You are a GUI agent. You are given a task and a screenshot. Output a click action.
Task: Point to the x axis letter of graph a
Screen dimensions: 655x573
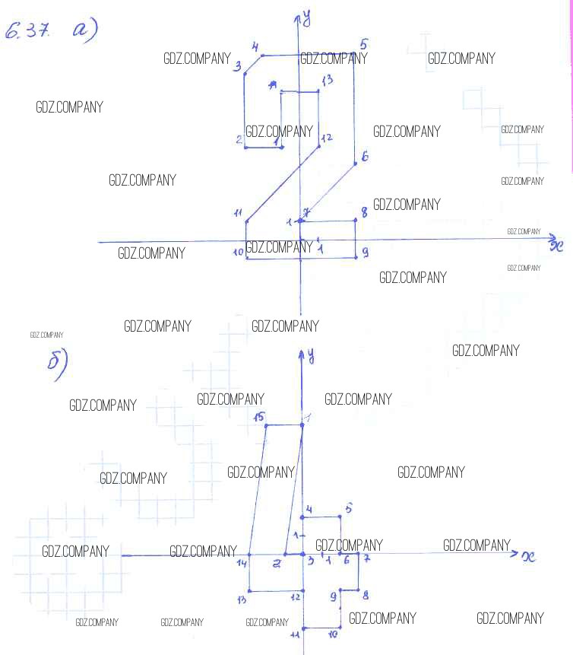click(x=557, y=245)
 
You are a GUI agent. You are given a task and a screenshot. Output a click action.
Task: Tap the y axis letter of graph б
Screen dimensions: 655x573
click(x=311, y=355)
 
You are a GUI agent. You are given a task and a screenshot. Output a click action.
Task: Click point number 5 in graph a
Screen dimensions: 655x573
click(x=363, y=45)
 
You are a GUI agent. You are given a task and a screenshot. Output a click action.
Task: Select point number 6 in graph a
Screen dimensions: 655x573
click(x=364, y=157)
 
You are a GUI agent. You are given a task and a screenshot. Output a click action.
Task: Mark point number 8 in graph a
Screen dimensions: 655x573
click(x=364, y=213)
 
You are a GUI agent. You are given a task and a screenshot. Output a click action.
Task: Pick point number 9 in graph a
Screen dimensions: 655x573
click(x=365, y=252)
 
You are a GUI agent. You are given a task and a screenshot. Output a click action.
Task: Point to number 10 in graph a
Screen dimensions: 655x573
click(x=238, y=253)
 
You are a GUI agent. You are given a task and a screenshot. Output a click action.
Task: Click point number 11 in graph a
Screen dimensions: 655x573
click(x=238, y=213)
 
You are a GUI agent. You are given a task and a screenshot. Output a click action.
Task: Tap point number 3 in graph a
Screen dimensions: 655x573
click(x=238, y=68)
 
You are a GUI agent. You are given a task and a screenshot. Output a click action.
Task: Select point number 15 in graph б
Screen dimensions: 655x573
click(x=259, y=417)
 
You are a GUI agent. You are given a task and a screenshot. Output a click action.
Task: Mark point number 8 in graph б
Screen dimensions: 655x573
click(x=366, y=595)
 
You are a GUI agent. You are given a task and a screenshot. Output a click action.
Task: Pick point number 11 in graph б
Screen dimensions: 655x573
click(x=295, y=635)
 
